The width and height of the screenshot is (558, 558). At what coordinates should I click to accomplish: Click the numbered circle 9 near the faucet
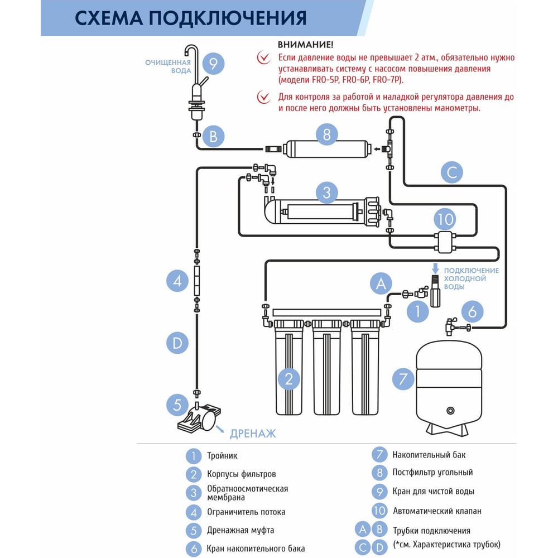[x=213, y=64]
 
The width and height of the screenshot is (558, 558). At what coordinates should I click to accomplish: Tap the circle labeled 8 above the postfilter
[x=327, y=134]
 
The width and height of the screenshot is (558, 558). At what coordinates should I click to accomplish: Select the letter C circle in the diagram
[x=451, y=172]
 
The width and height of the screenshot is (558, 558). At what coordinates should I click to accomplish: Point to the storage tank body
[x=449, y=385]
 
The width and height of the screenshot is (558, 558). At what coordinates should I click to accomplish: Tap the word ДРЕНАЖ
[x=253, y=433]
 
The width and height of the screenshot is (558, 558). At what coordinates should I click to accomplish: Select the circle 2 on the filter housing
[x=288, y=379]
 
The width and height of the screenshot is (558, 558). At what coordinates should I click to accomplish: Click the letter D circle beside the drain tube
[x=177, y=343]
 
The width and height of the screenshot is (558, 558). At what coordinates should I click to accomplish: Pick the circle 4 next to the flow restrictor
[x=177, y=281]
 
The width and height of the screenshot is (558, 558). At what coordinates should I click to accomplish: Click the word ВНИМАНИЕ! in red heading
[x=305, y=44]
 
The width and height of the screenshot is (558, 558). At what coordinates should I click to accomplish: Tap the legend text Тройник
[x=222, y=456]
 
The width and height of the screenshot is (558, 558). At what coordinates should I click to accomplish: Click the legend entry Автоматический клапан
[x=437, y=511]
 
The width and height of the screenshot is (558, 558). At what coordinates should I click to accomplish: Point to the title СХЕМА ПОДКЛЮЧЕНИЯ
[x=191, y=17]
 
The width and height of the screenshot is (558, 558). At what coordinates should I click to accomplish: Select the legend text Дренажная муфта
[x=240, y=530]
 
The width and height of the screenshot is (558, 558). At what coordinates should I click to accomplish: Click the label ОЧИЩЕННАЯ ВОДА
[x=168, y=66]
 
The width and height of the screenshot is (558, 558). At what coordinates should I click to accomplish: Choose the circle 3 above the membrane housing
[x=327, y=193]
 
